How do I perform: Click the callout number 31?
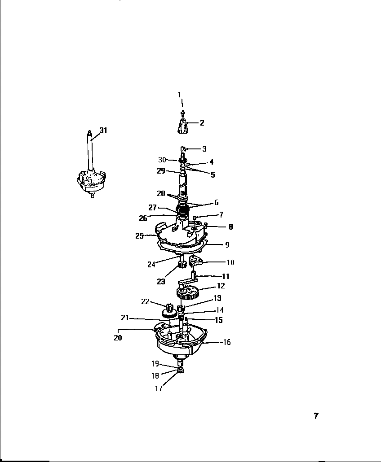click(103, 131)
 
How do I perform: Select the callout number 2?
click(202, 122)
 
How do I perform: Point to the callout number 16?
click(227, 342)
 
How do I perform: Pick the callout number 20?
click(118, 338)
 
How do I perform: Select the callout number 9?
click(227, 245)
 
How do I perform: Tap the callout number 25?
click(139, 235)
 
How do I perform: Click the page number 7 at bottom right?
click(316, 416)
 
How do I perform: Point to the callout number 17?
click(159, 389)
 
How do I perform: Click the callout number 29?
click(161, 171)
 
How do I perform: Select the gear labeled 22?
click(170, 309)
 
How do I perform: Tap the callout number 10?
click(230, 262)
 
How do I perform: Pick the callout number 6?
click(216, 203)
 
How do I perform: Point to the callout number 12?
click(221, 286)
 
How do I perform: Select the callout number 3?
click(204, 148)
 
